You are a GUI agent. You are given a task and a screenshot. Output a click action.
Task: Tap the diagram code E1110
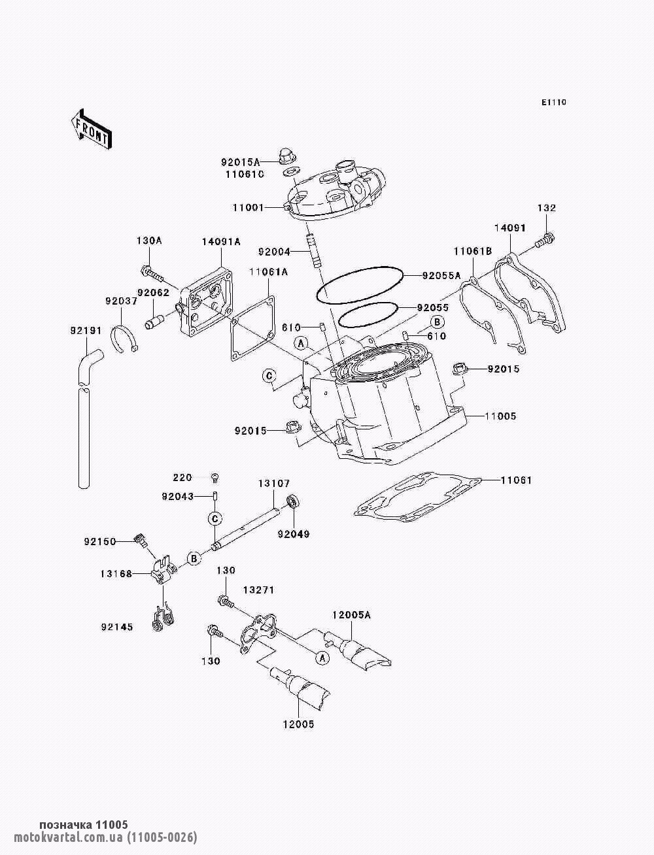[x=553, y=103]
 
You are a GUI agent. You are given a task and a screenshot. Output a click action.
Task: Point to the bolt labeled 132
[x=545, y=242]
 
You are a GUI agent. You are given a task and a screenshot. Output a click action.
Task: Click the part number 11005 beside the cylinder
[x=500, y=416]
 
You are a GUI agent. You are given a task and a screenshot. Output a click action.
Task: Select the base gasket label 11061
[x=516, y=480]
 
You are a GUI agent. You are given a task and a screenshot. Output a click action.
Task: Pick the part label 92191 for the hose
[x=86, y=331]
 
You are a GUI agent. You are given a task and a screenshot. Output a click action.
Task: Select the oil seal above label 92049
[x=293, y=503]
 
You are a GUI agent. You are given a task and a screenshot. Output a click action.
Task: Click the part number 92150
[x=100, y=541]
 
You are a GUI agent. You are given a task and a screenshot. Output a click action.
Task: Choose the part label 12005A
[x=351, y=615]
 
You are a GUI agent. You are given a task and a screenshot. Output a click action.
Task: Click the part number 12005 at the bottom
[x=298, y=724]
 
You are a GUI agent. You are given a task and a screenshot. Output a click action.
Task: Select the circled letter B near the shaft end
[x=194, y=558]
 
